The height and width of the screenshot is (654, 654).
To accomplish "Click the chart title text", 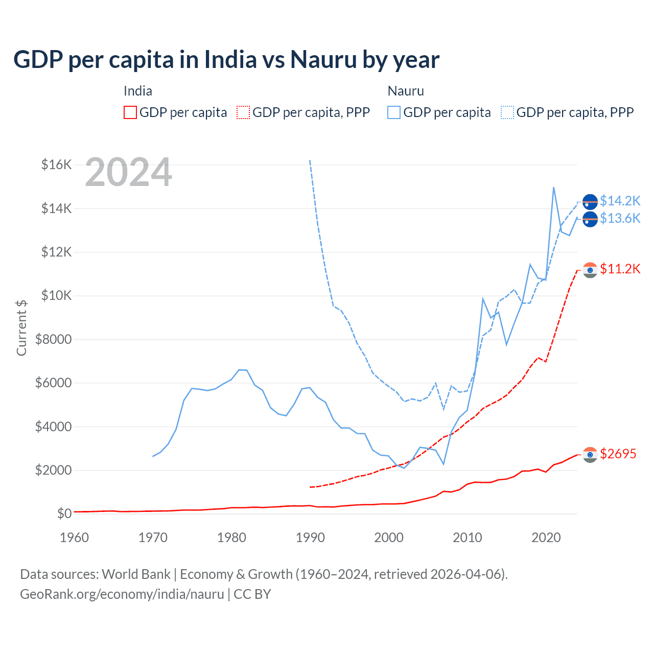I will (226, 60).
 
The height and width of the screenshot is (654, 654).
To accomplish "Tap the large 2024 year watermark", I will (129, 173).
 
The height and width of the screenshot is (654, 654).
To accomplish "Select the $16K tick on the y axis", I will (57, 165).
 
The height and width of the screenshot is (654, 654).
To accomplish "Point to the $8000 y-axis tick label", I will (53, 339).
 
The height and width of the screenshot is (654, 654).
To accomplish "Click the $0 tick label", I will (64, 513).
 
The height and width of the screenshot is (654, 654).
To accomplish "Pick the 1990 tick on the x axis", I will (310, 538).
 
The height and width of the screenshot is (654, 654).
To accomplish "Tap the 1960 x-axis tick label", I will (75, 538).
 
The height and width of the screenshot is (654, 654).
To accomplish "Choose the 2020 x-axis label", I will (546, 538).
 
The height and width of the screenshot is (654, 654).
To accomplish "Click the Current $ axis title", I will (21, 328).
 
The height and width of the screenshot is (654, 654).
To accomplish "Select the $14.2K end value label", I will (620, 201).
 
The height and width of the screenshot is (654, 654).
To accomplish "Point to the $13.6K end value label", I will (620, 219).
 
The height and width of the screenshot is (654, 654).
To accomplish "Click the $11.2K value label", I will (620, 269).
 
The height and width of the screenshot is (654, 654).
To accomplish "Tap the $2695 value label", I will (618, 454).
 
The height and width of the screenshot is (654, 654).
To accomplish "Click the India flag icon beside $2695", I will (590, 455).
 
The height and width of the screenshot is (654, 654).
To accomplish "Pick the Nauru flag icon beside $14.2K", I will (590, 202).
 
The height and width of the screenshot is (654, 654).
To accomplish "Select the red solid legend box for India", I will (130, 112).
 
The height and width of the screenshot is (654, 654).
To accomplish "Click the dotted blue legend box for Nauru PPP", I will (507, 112).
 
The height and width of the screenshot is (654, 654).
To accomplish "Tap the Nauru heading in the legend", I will (406, 91).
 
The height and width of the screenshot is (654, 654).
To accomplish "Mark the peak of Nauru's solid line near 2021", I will (554, 188).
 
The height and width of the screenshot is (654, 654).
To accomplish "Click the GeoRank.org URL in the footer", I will (122, 594).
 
